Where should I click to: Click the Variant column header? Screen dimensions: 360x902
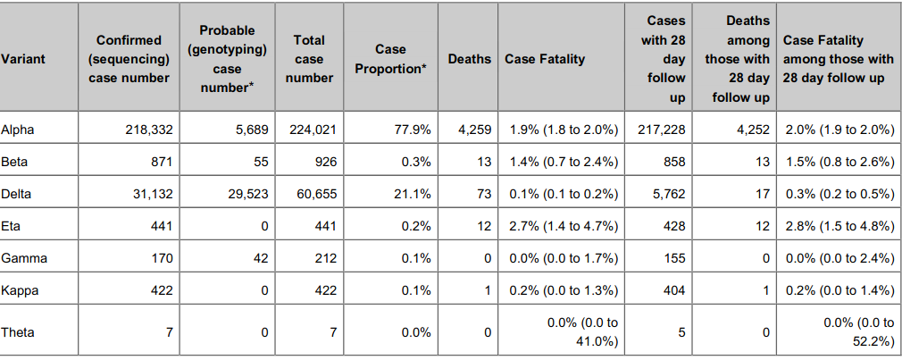[x=23, y=59]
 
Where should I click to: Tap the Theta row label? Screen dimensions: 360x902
[x=19, y=331]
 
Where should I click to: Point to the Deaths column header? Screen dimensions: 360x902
[x=469, y=59]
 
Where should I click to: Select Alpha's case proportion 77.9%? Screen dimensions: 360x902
[x=413, y=130]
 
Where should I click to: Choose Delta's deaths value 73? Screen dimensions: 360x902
[x=482, y=194]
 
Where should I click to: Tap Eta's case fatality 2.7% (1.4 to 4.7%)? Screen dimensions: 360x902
[x=564, y=226]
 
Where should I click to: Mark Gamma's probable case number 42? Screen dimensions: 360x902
[x=258, y=259]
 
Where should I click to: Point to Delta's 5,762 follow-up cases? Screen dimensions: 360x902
[x=667, y=194]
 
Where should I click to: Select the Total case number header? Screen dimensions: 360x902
[x=309, y=59]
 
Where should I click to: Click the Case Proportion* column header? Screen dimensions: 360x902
[x=390, y=59]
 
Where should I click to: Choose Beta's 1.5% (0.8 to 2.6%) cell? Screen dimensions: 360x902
[x=839, y=162]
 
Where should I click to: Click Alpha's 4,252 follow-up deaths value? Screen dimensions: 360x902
[x=753, y=130]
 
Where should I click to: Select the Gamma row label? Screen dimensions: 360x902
[x=24, y=259]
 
